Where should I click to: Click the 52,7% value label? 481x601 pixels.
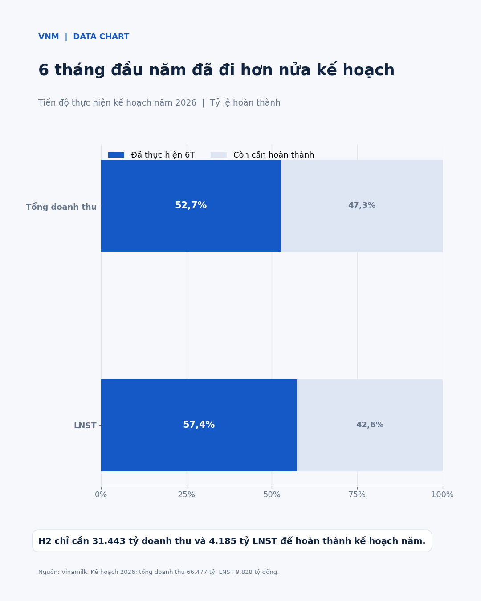pyautogui.click(x=191, y=205)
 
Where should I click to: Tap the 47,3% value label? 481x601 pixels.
pyautogui.click(x=362, y=205)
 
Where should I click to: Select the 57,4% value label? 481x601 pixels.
pyautogui.click(x=199, y=425)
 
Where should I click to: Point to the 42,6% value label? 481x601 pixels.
pyautogui.click(x=370, y=425)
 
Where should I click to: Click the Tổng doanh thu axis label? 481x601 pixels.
pyautogui.click(x=61, y=207)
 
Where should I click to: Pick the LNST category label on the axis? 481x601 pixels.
pyautogui.click(x=85, y=426)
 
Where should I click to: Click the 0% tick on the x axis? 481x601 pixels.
pyautogui.click(x=101, y=495)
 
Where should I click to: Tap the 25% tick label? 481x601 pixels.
pyautogui.click(x=187, y=495)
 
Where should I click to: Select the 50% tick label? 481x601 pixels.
pyautogui.click(x=272, y=495)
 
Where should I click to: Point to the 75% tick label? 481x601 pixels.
pyautogui.click(x=357, y=495)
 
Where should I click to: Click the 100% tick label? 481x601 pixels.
pyautogui.click(x=442, y=495)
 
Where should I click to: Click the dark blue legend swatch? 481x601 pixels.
pyautogui.click(x=116, y=155)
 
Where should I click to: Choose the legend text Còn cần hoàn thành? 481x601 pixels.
pyautogui.click(x=273, y=155)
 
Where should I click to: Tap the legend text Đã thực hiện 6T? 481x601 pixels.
pyautogui.click(x=163, y=155)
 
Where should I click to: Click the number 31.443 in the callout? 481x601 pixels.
pyautogui.click(x=109, y=541)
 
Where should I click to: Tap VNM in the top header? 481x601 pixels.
pyautogui.click(x=49, y=37)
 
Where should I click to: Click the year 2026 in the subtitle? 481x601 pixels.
pyautogui.click(x=186, y=103)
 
